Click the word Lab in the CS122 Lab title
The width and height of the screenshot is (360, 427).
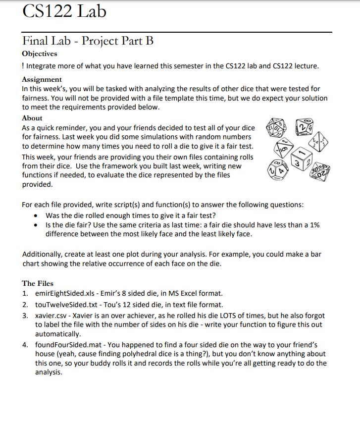91,11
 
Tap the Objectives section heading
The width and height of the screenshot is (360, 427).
40,53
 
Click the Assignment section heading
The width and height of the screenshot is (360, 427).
42,79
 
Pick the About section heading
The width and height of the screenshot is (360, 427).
32,118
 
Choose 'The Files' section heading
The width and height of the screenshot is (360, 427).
38,283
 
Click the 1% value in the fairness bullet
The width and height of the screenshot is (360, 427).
314,225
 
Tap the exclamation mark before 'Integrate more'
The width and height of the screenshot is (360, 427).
23,65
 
